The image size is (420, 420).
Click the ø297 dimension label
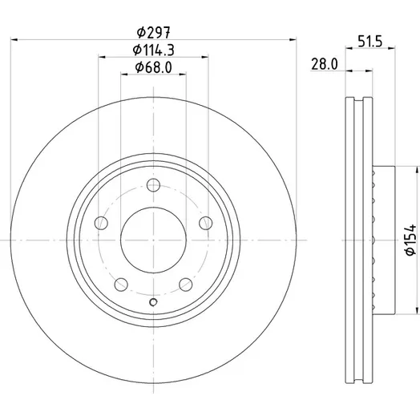pyautogui.click(x=153, y=32)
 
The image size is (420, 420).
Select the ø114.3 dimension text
pyautogui.click(x=153, y=50)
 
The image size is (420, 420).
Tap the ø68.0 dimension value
pyautogui.click(x=153, y=67)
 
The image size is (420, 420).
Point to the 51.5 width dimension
pyautogui.click(x=370, y=42)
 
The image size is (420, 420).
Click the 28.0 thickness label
pyautogui.click(x=325, y=64)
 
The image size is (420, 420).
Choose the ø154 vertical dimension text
pyautogui.click(x=411, y=240)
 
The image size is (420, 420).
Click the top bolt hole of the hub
pyautogui.click(x=153, y=185)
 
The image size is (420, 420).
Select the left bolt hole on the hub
pyautogui.click(x=101, y=223)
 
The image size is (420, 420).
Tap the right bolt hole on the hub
pyautogui.click(x=206, y=223)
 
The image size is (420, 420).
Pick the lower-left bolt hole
pyautogui.click(x=121, y=285)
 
